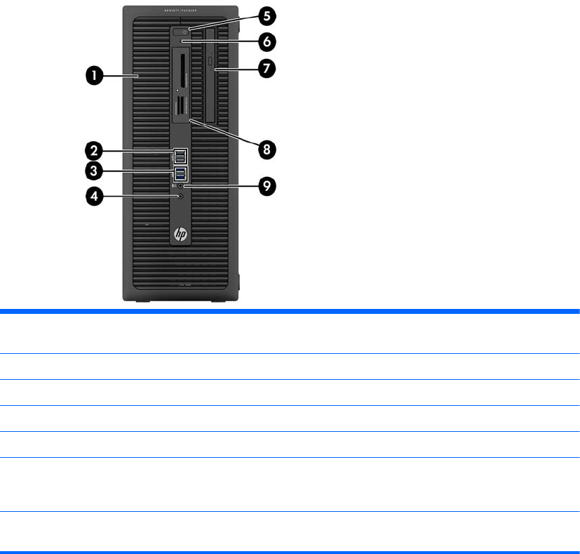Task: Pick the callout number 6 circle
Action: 267,41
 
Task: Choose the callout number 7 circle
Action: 267,68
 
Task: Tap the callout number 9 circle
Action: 267,186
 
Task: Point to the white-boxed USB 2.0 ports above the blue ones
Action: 181,154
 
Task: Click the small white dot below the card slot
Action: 178,91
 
